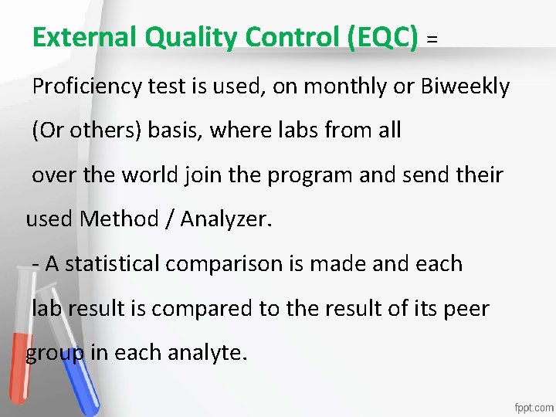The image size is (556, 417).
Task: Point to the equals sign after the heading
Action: coord(432,39)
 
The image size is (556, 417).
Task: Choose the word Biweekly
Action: coord(466,87)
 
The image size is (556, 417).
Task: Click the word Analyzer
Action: coord(225,220)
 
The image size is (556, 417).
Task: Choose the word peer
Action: coord(467,309)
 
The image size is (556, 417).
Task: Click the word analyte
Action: coord(208,354)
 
